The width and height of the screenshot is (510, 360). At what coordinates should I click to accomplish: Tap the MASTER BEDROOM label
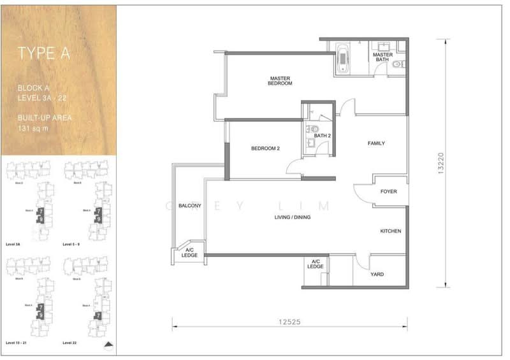280,81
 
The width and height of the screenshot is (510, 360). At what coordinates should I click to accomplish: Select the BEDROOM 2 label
265,148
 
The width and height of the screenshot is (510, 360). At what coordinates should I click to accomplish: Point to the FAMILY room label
376,143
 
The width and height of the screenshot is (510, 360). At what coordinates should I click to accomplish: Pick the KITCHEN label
391,231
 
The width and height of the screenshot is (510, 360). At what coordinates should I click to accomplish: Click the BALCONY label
190,206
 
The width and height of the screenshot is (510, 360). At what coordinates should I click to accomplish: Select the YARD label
377,275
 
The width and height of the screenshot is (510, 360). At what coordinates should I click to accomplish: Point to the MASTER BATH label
382,57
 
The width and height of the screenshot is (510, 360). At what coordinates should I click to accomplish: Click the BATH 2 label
321,136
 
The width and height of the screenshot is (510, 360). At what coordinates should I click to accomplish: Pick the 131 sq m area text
33,128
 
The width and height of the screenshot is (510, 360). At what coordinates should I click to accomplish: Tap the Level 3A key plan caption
13,244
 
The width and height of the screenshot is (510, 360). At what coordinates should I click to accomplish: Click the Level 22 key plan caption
71,343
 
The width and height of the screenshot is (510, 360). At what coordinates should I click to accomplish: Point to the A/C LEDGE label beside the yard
316,264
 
